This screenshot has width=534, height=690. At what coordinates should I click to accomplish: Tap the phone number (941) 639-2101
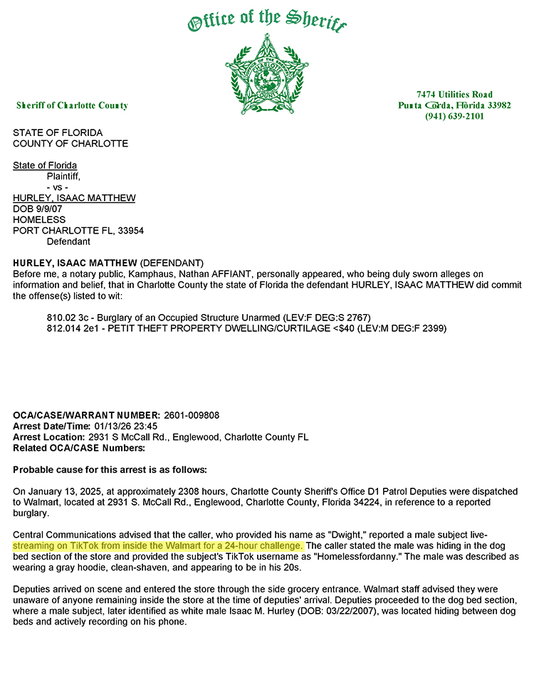454,116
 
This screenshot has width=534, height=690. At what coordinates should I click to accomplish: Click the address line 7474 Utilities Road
454,95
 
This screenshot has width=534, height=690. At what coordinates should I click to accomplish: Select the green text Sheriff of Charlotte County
72,105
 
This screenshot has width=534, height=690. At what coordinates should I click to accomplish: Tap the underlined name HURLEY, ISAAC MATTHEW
74,198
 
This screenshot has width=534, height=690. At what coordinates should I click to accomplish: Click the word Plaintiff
63,176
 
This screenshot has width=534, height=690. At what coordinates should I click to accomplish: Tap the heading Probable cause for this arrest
110,469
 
